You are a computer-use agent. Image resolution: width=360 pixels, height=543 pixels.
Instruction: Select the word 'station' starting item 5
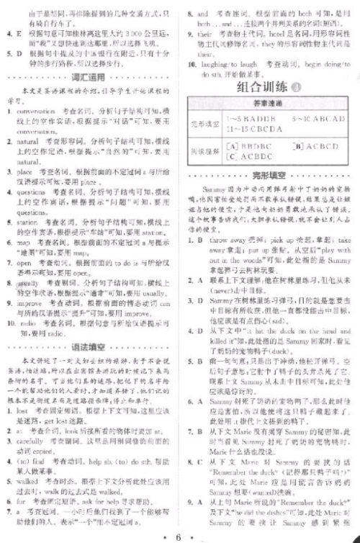coord(32,223)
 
